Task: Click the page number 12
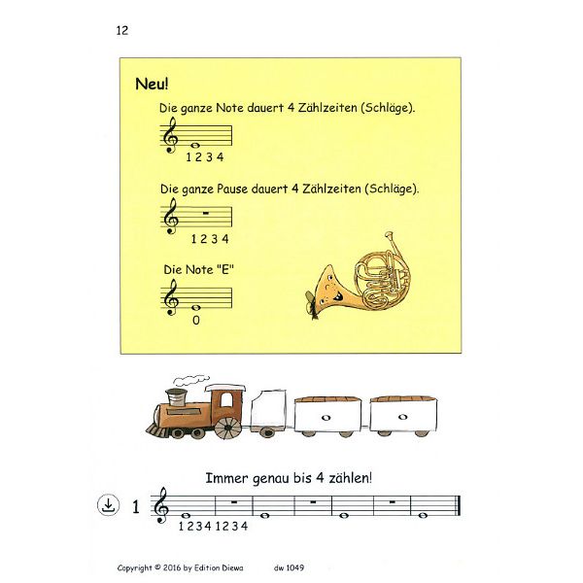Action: (x=121, y=30)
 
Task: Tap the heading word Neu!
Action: (x=152, y=84)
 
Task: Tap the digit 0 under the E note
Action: (x=197, y=320)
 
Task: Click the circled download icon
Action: (x=107, y=505)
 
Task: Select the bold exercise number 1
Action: (x=135, y=505)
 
